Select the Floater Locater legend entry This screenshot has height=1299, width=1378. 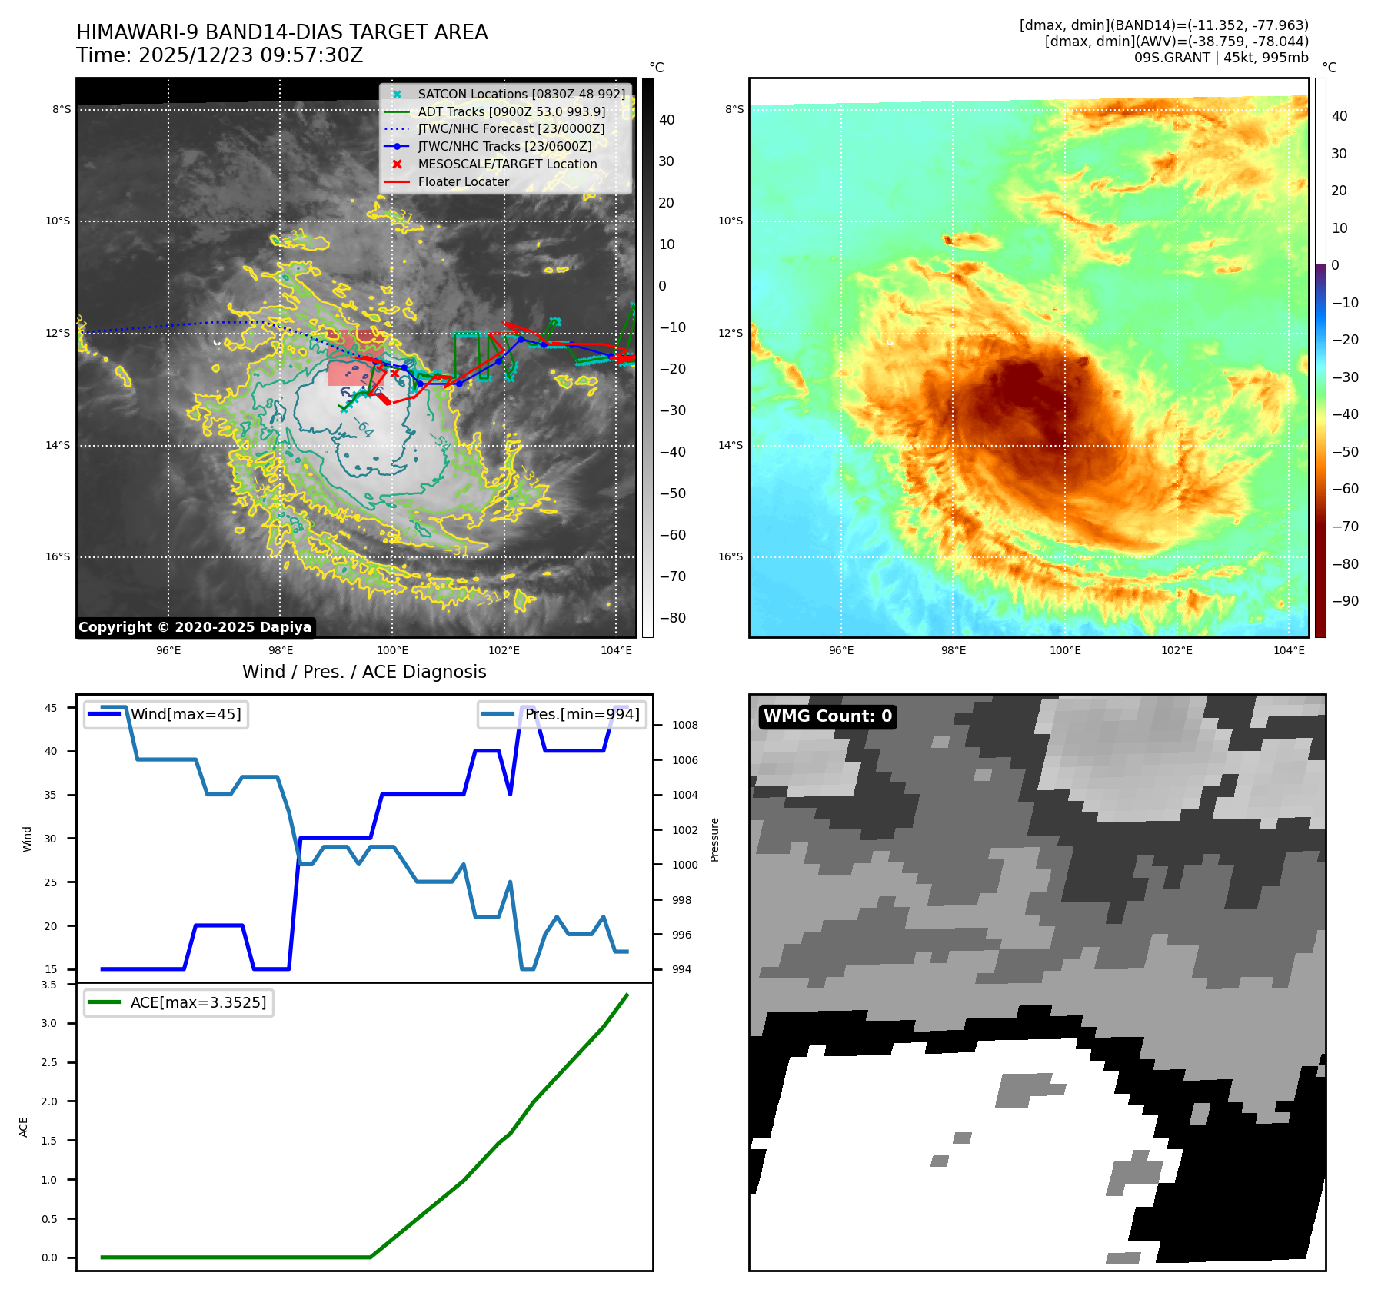463,182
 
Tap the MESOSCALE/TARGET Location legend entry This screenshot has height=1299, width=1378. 507,164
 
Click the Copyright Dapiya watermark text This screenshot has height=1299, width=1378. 195,627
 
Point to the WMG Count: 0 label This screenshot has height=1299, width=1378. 827,716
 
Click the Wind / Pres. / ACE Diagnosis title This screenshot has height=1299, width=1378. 364,672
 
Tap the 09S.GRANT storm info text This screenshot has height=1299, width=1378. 1220,58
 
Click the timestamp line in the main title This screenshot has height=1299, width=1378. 219,55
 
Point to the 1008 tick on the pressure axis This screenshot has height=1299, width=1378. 684,725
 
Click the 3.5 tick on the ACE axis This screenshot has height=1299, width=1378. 49,985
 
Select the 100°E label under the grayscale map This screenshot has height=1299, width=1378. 392,650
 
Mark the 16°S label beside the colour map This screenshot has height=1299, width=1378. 731,556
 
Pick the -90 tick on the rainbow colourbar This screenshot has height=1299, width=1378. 1345,601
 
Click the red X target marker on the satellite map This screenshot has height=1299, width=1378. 395,374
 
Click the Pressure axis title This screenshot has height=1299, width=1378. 714,839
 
